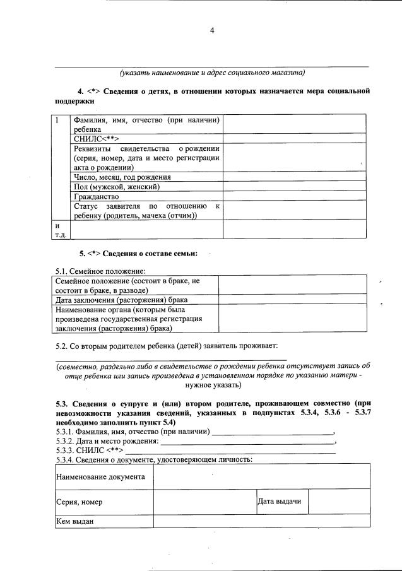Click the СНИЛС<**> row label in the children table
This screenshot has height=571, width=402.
click(x=97, y=139)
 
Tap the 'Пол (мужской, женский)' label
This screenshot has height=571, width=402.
click(x=116, y=187)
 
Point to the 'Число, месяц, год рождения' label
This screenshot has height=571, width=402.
click(x=122, y=177)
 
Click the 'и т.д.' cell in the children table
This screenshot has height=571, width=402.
click(x=61, y=230)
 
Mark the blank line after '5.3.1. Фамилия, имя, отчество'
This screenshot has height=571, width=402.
click(x=273, y=433)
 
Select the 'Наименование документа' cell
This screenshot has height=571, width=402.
click(x=101, y=477)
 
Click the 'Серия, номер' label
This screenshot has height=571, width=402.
click(x=80, y=502)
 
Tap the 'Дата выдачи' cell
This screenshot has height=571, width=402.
click(x=279, y=502)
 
